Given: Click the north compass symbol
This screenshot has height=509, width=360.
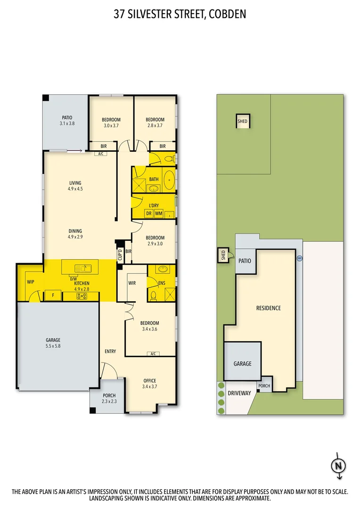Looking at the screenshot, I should [x=337, y=466].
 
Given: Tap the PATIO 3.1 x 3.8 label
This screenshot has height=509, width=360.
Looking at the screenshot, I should [x=67, y=121].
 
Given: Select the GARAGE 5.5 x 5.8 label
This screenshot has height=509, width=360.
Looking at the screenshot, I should [x=53, y=343].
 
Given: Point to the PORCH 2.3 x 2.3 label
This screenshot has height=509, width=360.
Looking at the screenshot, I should [x=109, y=398].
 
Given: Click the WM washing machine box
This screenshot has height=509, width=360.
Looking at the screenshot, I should [x=158, y=213].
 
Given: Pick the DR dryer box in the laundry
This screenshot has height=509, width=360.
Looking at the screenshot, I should [x=148, y=213].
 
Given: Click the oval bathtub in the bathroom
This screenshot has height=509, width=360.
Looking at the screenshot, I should [x=169, y=180].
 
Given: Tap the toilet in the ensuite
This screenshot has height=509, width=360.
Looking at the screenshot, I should [x=153, y=296].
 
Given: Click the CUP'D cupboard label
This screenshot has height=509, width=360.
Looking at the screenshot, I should [x=120, y=254].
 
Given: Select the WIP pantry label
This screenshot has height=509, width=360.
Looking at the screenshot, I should [x=31, y=282].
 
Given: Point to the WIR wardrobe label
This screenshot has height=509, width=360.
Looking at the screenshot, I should [x=132, y=283].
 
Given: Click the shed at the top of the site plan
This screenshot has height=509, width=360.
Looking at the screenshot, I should [x=242, y=121].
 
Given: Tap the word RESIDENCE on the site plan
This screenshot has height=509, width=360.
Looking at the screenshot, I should [x=268, y=308].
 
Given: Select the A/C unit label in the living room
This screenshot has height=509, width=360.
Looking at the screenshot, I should [x=100, y=154].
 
